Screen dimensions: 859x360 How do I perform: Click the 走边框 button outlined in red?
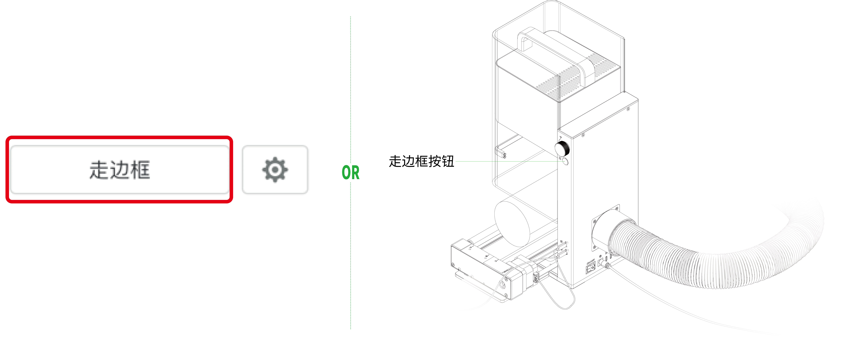click(x=119, y=169)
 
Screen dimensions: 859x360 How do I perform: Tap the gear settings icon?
click(x=275, y=170)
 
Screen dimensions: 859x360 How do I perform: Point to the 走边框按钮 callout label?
click(x=422, y=161)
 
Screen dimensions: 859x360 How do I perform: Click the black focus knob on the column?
click(x=562, y=149)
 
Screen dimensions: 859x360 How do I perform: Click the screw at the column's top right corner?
click(x=629, y=109)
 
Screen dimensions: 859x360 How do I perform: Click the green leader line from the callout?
click(x=507, y=161)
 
